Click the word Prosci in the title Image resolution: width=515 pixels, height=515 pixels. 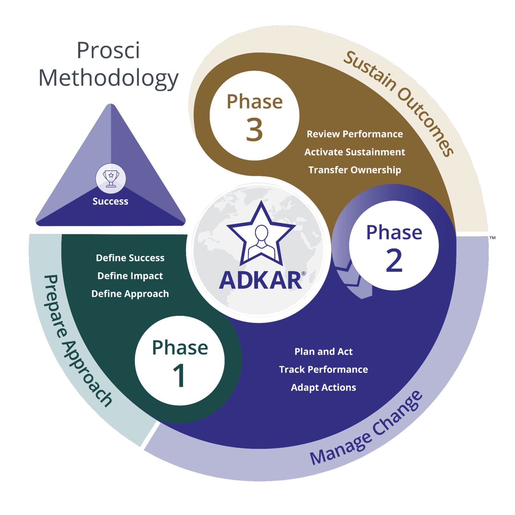click(x=108, y=50)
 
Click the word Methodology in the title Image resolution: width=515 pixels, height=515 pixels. click(x=108, y=78)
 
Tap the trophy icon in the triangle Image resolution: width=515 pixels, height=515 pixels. click(x=111, y=178)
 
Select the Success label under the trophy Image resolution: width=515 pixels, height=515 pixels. click(x=111, y=201)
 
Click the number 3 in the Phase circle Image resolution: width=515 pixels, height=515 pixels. click(x=254, y=130)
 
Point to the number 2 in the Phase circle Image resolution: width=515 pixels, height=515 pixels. click(x=394, y=260)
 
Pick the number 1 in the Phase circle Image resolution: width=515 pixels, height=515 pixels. click(x=180, y=376)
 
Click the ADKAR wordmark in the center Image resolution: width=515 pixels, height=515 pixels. click(x=261, y=281)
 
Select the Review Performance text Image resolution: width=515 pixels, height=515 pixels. click(x=354, y=134)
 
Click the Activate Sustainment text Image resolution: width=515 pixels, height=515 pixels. click(x=354, y=152)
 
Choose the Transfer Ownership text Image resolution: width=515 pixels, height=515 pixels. click(x=354, y=170)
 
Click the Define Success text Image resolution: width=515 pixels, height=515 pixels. click(x=130, y=258)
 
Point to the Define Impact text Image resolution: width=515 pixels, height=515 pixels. click(x=130, y=276)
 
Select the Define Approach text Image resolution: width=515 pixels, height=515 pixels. click(x=130, y=294)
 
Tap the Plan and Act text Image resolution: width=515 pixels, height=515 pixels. click(x=323, y=352)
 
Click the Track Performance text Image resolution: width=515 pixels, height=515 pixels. click(x=323, y=369)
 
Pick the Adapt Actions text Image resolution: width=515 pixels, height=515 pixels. click(x=323, y=387)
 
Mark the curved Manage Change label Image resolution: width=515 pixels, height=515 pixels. click(x=366, y=430)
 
